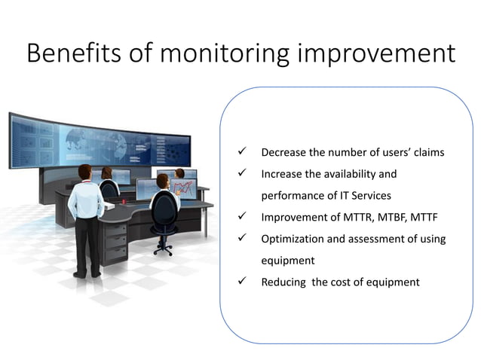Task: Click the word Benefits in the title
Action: tap(66, 54)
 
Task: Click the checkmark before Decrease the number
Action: tap(243, 152)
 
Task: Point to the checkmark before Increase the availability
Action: tap(243, 174)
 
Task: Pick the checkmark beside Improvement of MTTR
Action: tap(243, 218)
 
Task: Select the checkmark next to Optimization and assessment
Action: tap(243, 239)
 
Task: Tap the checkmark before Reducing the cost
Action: tap(243, 282)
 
